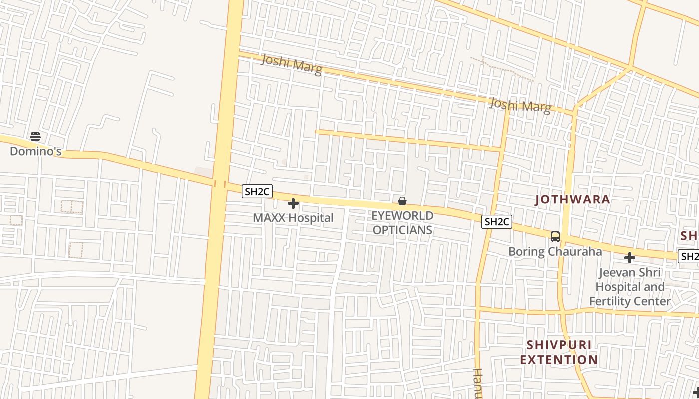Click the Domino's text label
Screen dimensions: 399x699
tap(36, 151)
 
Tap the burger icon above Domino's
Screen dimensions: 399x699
tap(35, 136)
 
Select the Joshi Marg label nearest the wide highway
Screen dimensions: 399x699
tap(291, 65)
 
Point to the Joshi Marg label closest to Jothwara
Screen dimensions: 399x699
tap(520, 105)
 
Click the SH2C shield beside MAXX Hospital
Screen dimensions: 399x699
tap(257, 191)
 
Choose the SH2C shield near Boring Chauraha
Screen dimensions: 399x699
tap(497, 222)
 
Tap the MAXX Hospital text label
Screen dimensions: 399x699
tap(293, 218)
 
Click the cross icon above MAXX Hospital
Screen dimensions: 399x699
tap(293, 203)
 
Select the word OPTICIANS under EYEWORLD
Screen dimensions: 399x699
tap(402, 230)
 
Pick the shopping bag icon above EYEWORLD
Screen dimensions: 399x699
tap(402, 201)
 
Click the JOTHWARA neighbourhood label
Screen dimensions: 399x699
tap(572, 199)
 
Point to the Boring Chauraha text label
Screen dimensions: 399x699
tap(555, 251)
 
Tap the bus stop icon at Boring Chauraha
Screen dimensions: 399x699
tap(555, 237)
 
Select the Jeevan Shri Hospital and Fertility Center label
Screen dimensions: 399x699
tap(629, 287)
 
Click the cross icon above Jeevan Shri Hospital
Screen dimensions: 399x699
tap(630, 258)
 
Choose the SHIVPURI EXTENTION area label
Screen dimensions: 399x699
tap(559, 352)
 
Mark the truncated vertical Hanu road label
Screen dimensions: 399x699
tap(477, 384)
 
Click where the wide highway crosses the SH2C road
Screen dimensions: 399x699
tap(220, 183)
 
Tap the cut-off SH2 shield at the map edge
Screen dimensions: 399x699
tap(689, 256)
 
